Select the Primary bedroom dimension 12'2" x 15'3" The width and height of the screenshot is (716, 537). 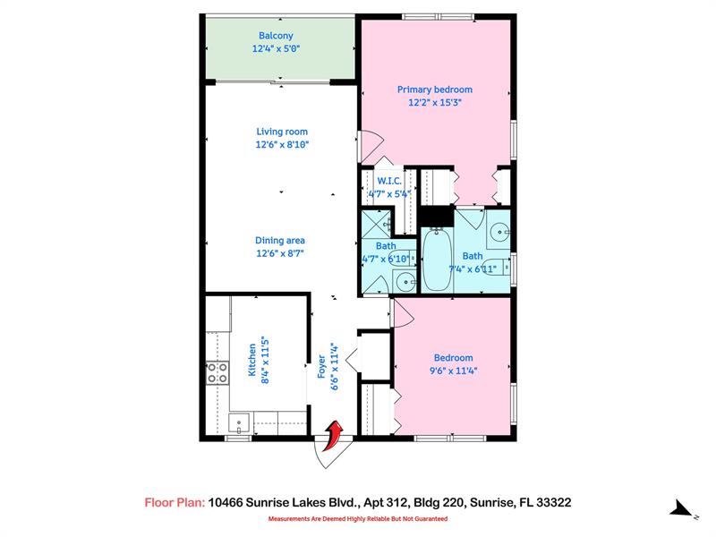click(434, 103)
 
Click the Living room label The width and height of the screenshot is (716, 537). click(282, 132)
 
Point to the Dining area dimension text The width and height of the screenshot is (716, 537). click(281, 253)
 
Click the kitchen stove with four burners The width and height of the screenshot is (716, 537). click(216, 372)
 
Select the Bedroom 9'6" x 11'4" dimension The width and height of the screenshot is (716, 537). click(452, 371)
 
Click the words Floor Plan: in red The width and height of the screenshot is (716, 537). click(175, 503)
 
